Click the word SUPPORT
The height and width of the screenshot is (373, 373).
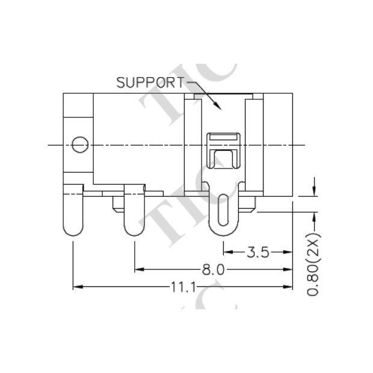[x=149, y=82]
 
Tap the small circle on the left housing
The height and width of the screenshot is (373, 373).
[x=79, y=144]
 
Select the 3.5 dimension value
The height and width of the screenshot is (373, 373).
[x=257, y=252]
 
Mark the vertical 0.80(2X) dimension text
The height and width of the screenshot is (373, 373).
[x=313, y=264]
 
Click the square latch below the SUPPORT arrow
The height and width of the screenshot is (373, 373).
[x=223, y=150]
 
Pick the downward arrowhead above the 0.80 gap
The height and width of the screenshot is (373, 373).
[x=313, y=190]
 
